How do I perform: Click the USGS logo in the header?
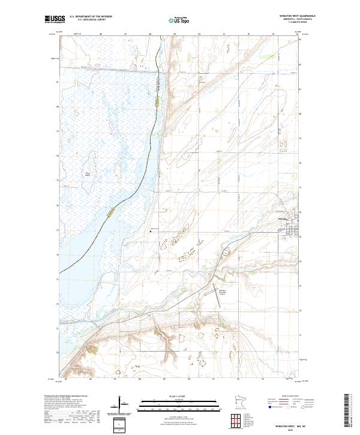(55, 19)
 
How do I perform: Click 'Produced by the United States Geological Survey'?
(66, 396)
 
